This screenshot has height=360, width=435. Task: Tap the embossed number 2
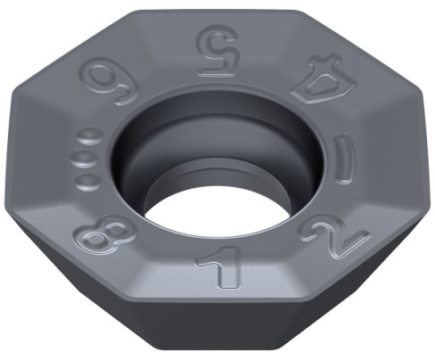333,236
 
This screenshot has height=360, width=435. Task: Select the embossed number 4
324,80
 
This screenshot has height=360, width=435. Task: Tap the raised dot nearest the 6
90,137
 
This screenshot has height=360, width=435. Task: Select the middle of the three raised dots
85,160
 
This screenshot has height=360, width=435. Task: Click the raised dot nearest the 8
86,180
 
